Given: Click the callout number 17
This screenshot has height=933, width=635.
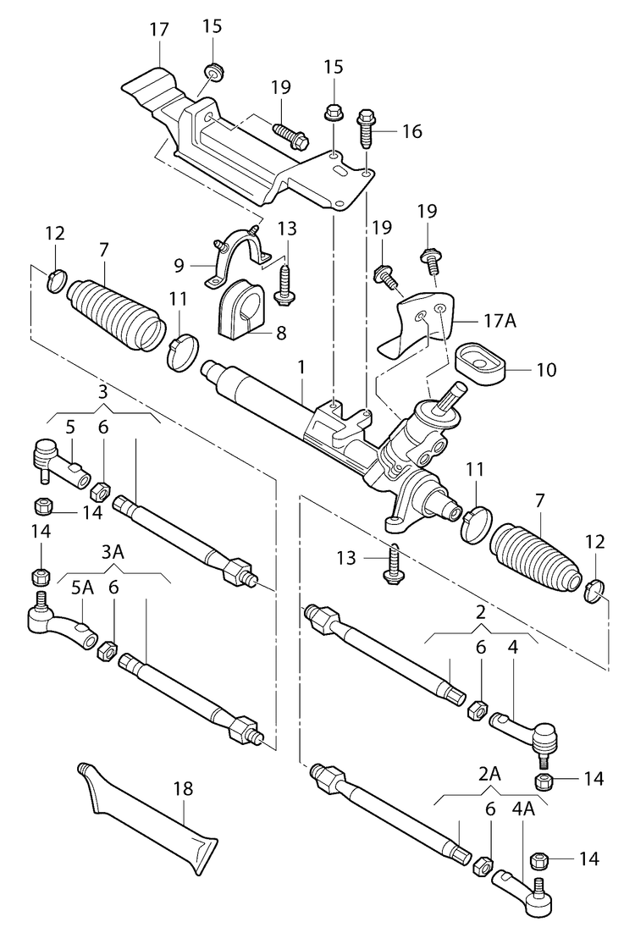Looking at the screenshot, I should point(158,30).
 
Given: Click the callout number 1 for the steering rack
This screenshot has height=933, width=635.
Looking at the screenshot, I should point(300,367).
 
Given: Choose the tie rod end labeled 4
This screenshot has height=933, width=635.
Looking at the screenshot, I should point(525,728).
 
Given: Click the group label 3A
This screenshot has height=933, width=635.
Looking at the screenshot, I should point(113,552).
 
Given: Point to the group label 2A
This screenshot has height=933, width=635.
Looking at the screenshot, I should point(489,774).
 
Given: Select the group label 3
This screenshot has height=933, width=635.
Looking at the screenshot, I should point(102,392).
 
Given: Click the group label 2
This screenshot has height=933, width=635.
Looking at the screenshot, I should point(479,611).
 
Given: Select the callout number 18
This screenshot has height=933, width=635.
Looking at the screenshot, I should point(183,789).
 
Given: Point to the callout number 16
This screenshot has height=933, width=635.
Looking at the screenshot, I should point(411,131).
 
